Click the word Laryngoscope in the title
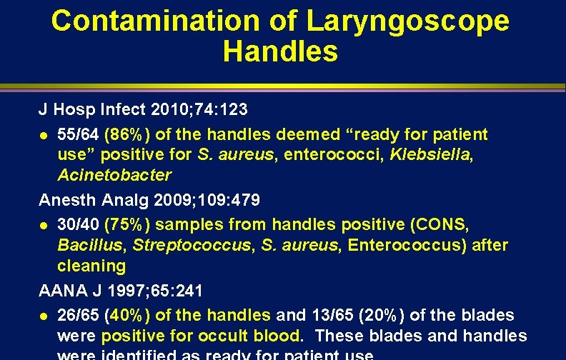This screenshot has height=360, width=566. tap(408, 21)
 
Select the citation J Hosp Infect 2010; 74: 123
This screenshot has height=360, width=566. tap(143, 110)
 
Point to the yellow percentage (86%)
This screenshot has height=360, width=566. tap(127, 134)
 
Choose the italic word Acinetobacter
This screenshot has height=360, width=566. tap(114, 175)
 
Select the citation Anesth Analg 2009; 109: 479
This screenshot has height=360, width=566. tap(149, 199)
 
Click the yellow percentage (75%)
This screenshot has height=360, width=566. tap(127, 224)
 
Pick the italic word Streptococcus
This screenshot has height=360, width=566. tap(189, 245)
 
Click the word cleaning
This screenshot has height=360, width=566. tap(91, 266)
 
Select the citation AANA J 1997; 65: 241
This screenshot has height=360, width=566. tap(121, 291)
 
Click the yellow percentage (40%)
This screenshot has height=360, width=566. tap(127, 315)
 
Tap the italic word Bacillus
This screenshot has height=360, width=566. tap(88, 245)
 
